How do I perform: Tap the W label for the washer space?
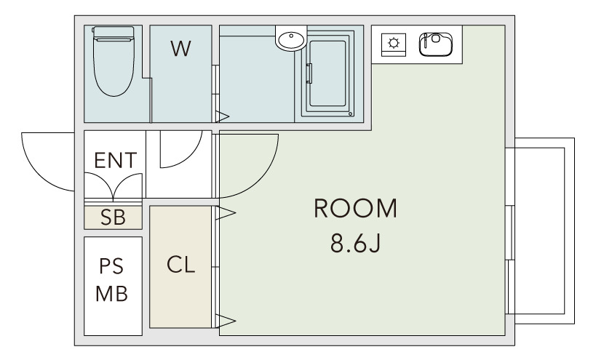coord(180,49)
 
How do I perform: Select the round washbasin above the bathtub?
coord(291,39)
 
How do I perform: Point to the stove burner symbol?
coord(394,43)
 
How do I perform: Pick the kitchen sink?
coord(435,44)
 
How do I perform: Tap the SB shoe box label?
coord(113,217)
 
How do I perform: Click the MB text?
coord(113,295)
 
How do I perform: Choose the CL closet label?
coord(181,265)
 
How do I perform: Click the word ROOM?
coord(356,209)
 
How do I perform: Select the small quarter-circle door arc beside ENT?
coord(178,149)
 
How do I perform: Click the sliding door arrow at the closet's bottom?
coord(226,320)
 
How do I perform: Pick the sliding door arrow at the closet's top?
coord(226,212)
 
